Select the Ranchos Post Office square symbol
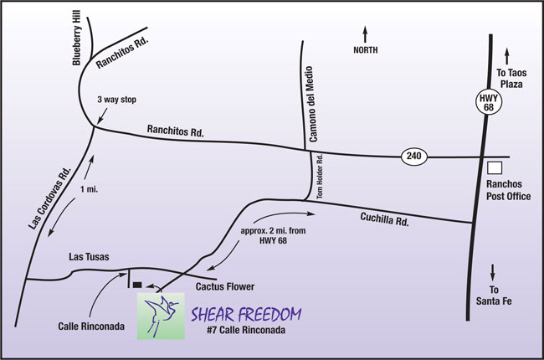coord(495,167)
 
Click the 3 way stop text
coord(116,100)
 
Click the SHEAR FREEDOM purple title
coord(245,315)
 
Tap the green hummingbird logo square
coord(161,316)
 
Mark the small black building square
coord(137,285)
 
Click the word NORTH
coord(365,50)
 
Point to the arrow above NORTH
coord(365,34)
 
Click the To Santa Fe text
coord(495,292)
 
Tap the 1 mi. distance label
coord(89,190)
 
